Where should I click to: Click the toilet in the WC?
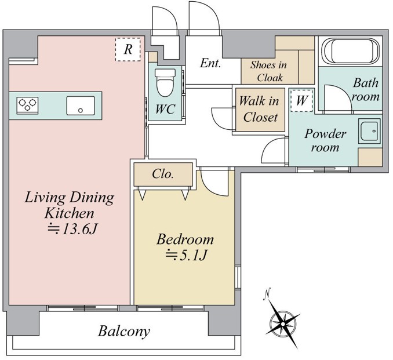point(165,82)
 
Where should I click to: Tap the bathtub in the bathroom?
point(350,52)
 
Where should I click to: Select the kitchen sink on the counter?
point(81,106)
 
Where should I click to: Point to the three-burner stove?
point(28,106)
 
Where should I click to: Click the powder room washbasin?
point(369,131)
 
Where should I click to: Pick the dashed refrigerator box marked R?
point(128,49)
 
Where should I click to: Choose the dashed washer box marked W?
point(301,100)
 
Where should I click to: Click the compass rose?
point(283,323)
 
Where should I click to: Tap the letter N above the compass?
point(267,294)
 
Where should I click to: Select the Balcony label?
point(124,332)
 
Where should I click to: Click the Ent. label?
point(210,63)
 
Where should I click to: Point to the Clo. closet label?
point(163,174)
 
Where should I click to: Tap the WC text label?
point(165,109)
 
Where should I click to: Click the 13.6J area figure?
point(72,229)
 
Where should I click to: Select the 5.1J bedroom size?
point(186,255)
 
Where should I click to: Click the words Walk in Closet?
point(260,109)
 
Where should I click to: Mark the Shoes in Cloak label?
point(269,71)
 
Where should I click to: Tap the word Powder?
point(325,133)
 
